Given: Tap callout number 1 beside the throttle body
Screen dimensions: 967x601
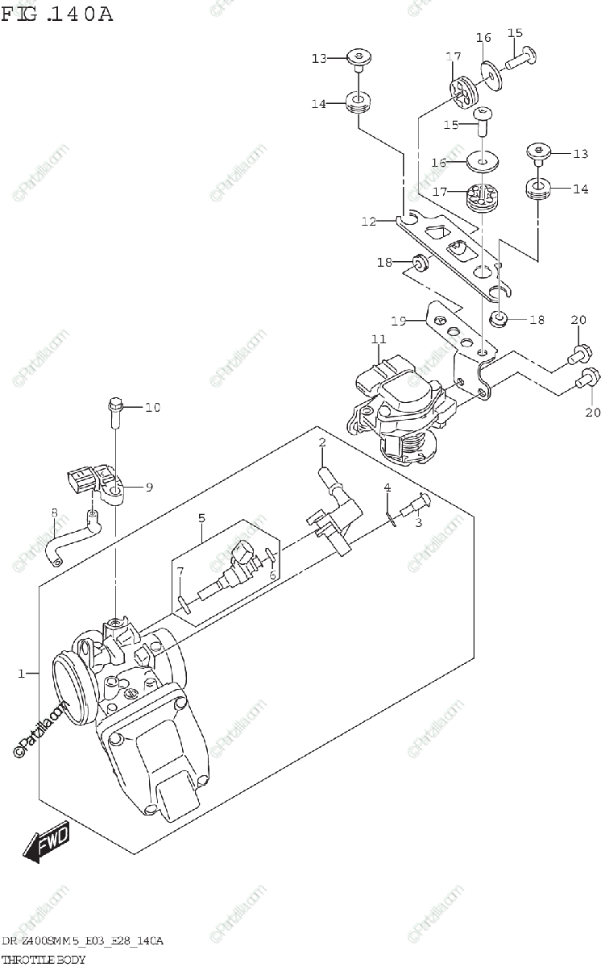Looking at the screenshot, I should [x=23, y=672].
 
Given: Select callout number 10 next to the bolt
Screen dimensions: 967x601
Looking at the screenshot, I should [x=152, y=407].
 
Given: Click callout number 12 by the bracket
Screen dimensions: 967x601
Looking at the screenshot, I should [x=368, y=221].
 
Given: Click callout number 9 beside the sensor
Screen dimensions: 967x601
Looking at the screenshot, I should [x=149, y=486].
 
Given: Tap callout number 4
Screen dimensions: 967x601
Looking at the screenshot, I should [x=387, y=488].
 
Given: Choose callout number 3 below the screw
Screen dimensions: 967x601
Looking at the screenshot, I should [x=418, y=523].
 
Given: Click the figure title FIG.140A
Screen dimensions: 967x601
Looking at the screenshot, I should [x=56, y=14].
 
